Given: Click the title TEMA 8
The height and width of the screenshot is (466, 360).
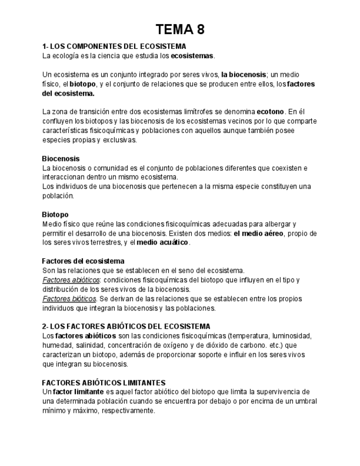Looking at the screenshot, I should pyautogui.click(x=180, y=30).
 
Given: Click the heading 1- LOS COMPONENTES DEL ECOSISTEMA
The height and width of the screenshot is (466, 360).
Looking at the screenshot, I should pyautogui.click(x=114, y=46).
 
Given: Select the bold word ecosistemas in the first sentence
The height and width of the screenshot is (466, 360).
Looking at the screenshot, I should pyautogui.click(x=192, y=56).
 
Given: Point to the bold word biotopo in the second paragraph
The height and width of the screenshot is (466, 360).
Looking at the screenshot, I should pyautogui.click(x=82, y=84).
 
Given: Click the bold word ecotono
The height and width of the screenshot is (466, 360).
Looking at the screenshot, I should pyautogui.click(x=270, y=112).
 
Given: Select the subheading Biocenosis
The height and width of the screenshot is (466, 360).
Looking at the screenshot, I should pyautogui.click(x=60, y=158).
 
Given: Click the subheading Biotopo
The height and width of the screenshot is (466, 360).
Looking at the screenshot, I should pyautogui.click(x=55, y=214).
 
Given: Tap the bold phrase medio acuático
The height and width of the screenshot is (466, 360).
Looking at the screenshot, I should pyautogui.click(x=162, y=242).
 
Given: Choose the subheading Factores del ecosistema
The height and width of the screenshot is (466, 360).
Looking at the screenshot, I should pyautogui.click(x=83, y=261).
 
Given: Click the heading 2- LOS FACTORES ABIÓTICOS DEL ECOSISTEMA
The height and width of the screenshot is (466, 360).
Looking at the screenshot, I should pyautogui.click(x=126, y=326).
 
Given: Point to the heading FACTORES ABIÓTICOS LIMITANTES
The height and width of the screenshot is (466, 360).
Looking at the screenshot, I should pyautogui.click(x=103, y=382).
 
